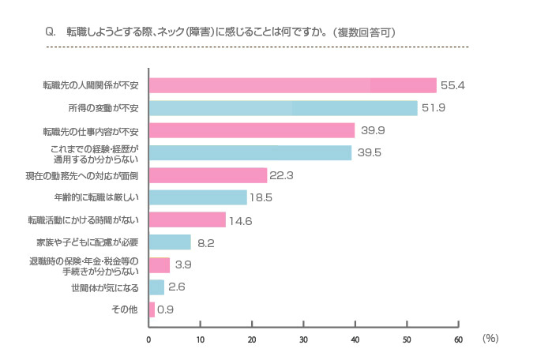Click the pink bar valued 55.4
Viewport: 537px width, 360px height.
click(292, 85)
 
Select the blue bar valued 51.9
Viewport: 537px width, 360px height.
click(283, 108)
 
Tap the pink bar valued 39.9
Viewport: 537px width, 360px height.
click(252, 130)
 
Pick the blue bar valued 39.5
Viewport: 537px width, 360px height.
click(250, 152)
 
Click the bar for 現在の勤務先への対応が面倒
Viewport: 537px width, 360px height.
click(208, 175)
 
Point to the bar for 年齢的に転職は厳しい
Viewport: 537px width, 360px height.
click(197, 197)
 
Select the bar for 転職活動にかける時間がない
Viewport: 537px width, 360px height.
click(187, 220)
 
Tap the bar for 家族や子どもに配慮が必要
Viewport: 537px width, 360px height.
click(170, 242)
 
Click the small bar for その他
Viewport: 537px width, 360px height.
click(152, 309)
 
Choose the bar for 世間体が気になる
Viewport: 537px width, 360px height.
click(156, 287)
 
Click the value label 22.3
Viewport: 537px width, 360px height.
click(282, 175)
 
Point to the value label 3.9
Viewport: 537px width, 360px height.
click(183, 265)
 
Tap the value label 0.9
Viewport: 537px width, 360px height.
click(166, 310)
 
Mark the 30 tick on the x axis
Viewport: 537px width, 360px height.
click(303, 339)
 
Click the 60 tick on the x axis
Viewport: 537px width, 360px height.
click(458, 339)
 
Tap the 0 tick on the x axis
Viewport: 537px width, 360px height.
click(148, 339)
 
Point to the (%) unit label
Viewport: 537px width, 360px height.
click(490, 338)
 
